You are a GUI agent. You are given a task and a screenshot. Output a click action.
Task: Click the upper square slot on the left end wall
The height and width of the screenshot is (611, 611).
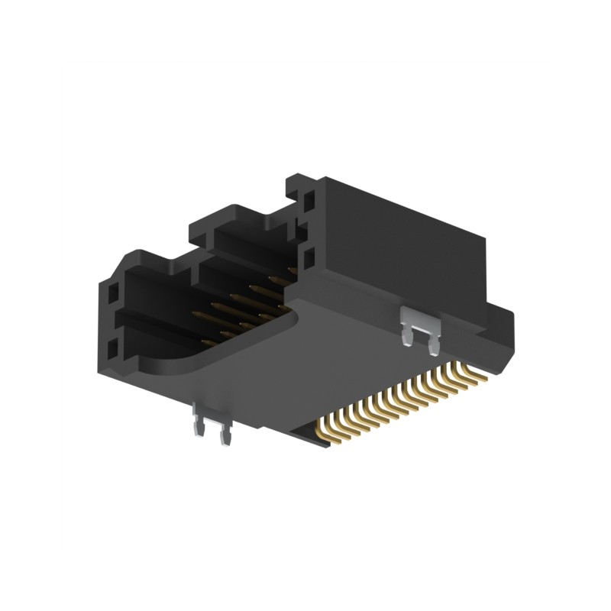[113, 293]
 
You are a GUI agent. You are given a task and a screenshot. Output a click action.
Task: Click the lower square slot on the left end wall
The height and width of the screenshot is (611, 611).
[113, 350]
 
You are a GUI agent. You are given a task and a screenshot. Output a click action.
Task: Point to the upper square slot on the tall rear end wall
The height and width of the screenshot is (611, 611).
[309, 202]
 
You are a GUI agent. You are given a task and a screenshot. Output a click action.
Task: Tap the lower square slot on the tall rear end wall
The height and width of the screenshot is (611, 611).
[309, 257]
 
